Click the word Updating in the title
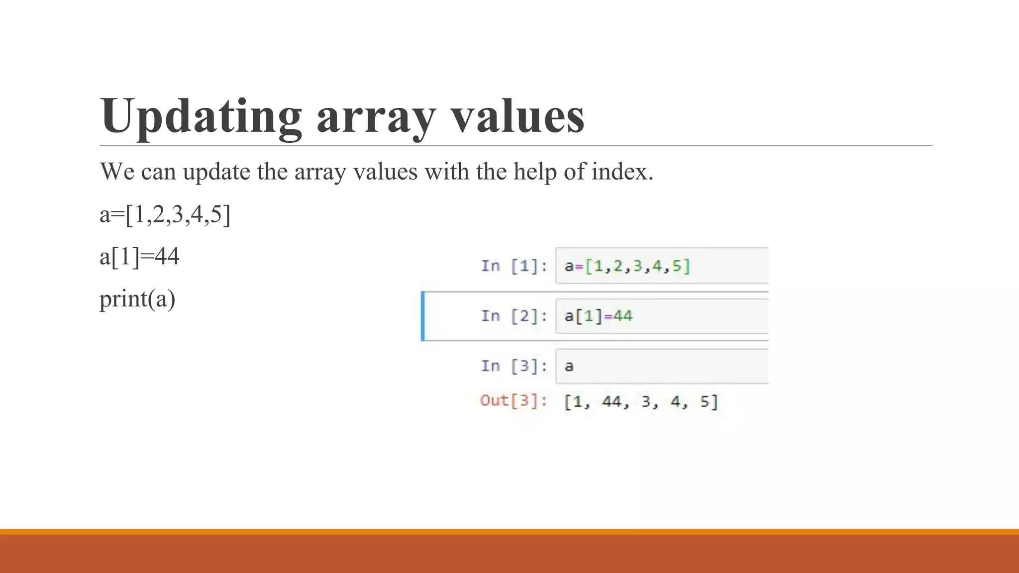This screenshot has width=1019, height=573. (x=201, y=116)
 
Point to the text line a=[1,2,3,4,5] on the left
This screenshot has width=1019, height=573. (x=165, y=215)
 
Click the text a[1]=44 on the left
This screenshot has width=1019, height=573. (x=139, y=257)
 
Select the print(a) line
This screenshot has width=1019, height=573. (x=137, y=299)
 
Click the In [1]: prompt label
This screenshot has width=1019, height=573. (x=514, y=266)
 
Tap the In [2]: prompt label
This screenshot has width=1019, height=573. (x=514, y=316)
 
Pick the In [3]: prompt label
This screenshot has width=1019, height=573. (x=514, y=366)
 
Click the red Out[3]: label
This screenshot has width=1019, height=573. (x=513, y=401)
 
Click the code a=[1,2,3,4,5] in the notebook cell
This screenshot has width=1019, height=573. (x=627, y=266)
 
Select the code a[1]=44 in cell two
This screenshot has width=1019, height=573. (x=598, y=316)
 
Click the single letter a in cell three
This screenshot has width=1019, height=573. (x=569, y=367)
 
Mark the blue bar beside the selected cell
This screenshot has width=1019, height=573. (x=423, y=316)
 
